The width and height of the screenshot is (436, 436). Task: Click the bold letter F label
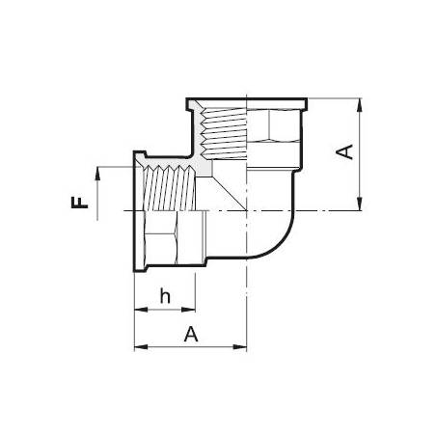click(x=79, y=203)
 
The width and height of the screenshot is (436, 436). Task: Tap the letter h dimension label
click(x=165, y=296)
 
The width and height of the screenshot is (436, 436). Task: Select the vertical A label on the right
click(x=344, y=151)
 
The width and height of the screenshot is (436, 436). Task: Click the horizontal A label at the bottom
click(x=191, y=334)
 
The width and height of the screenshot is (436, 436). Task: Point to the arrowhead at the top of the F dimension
click(x=97, y=173)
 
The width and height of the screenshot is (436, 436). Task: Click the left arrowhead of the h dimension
click(x=141, y=310)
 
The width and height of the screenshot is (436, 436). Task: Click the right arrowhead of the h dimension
click(x=188, y=310)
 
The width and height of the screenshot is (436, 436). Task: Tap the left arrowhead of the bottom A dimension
click(x=141, y=347)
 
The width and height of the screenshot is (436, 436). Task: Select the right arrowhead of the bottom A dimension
click(x=240, y=347)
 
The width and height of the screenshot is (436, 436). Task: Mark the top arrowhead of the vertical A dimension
click(x=360, y=105)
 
